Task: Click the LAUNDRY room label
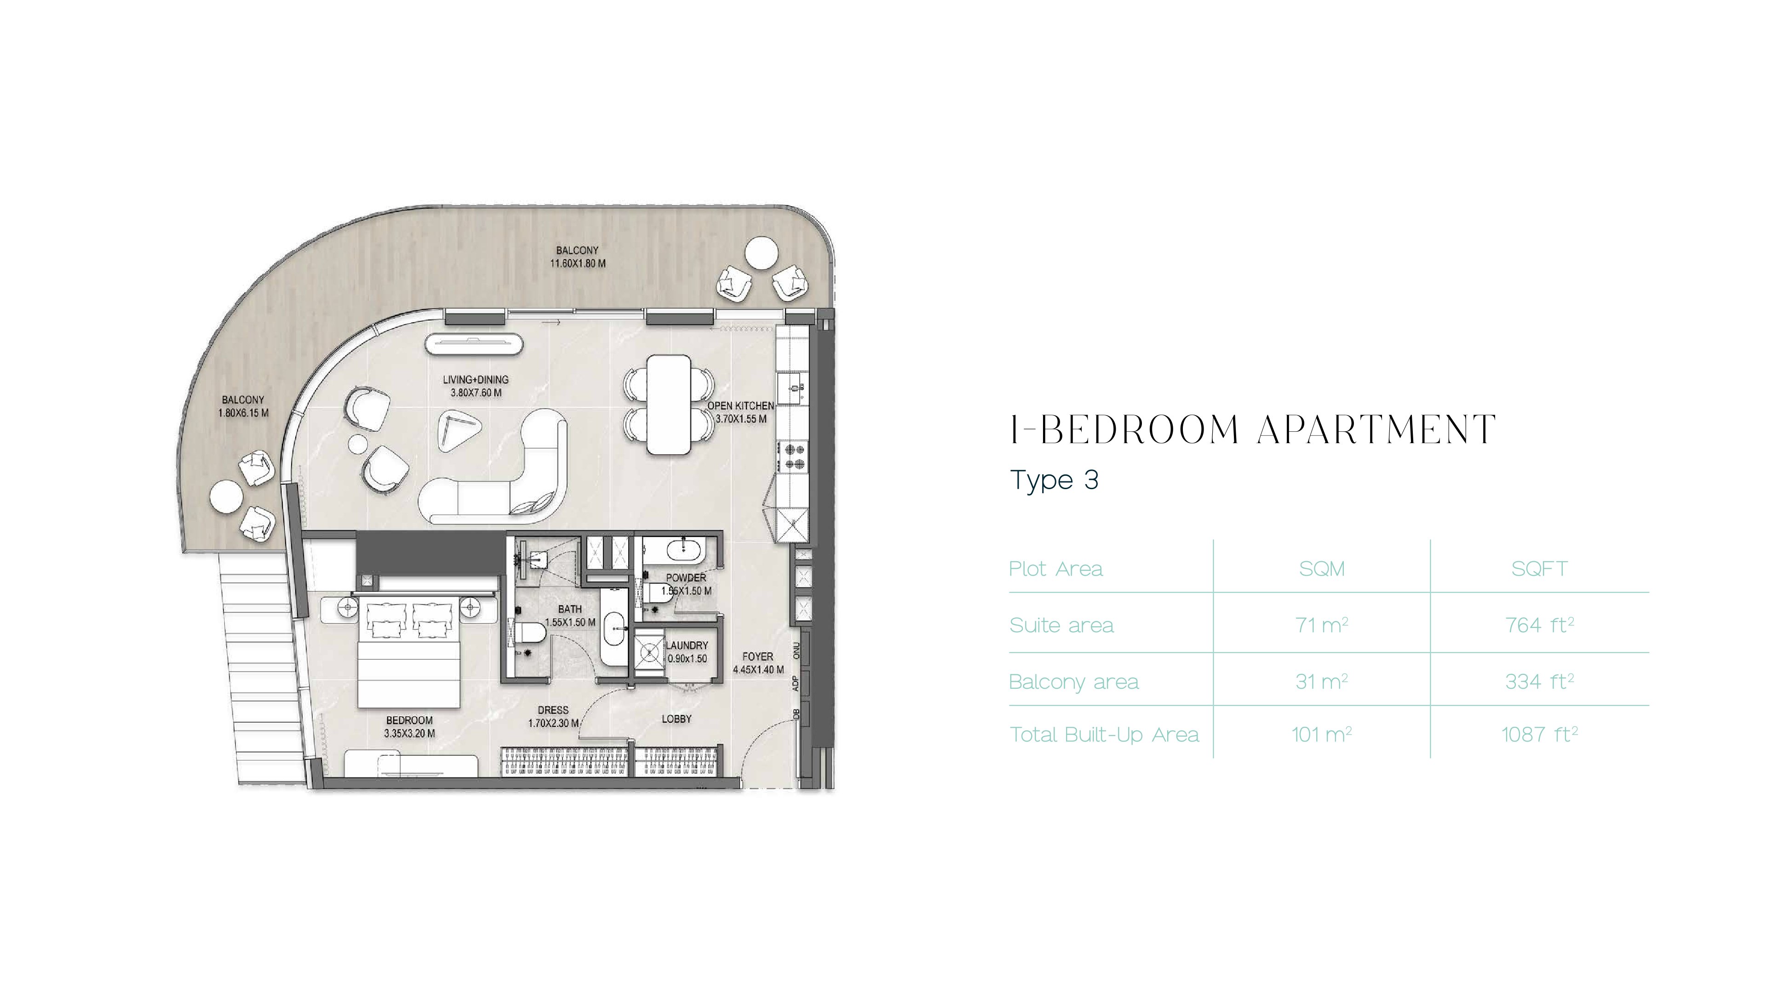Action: pos(687,652)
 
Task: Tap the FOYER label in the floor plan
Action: pos(758,662)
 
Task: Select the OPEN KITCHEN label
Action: pos(741,412)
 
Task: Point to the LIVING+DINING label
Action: pos(476,386)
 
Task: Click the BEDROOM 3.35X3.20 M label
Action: pos(409,726)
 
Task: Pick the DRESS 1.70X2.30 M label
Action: pos(553,716)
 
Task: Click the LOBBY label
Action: pos(676,719)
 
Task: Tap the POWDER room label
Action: pos(686,584)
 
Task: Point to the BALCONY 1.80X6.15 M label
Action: pos(243,406)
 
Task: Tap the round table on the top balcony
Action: pos(761,254)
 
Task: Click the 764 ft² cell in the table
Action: pos(1539,624)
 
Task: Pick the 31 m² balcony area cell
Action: pos(1321,681)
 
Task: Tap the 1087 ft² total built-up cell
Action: pos(1539,734)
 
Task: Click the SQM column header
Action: pos(1322,569)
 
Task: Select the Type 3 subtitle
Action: pos(1055,479)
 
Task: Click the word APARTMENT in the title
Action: pos(1376,430)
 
